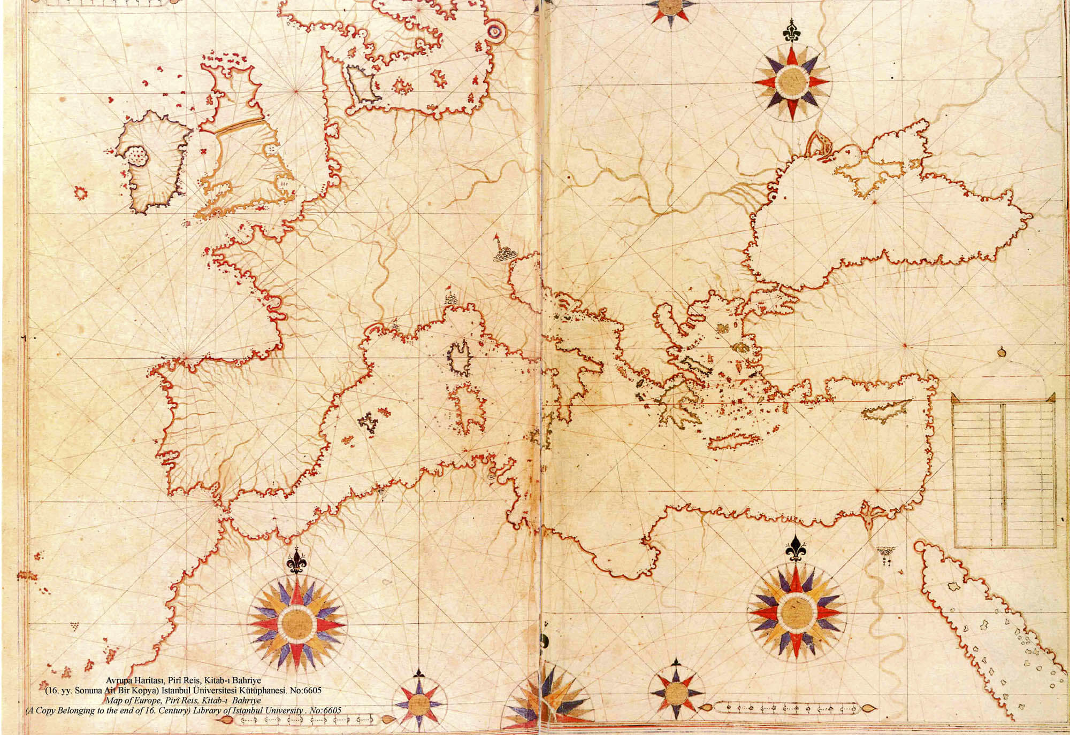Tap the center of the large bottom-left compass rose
point(296,623)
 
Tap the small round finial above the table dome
point(1000,351)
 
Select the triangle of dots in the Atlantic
point(74,625)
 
